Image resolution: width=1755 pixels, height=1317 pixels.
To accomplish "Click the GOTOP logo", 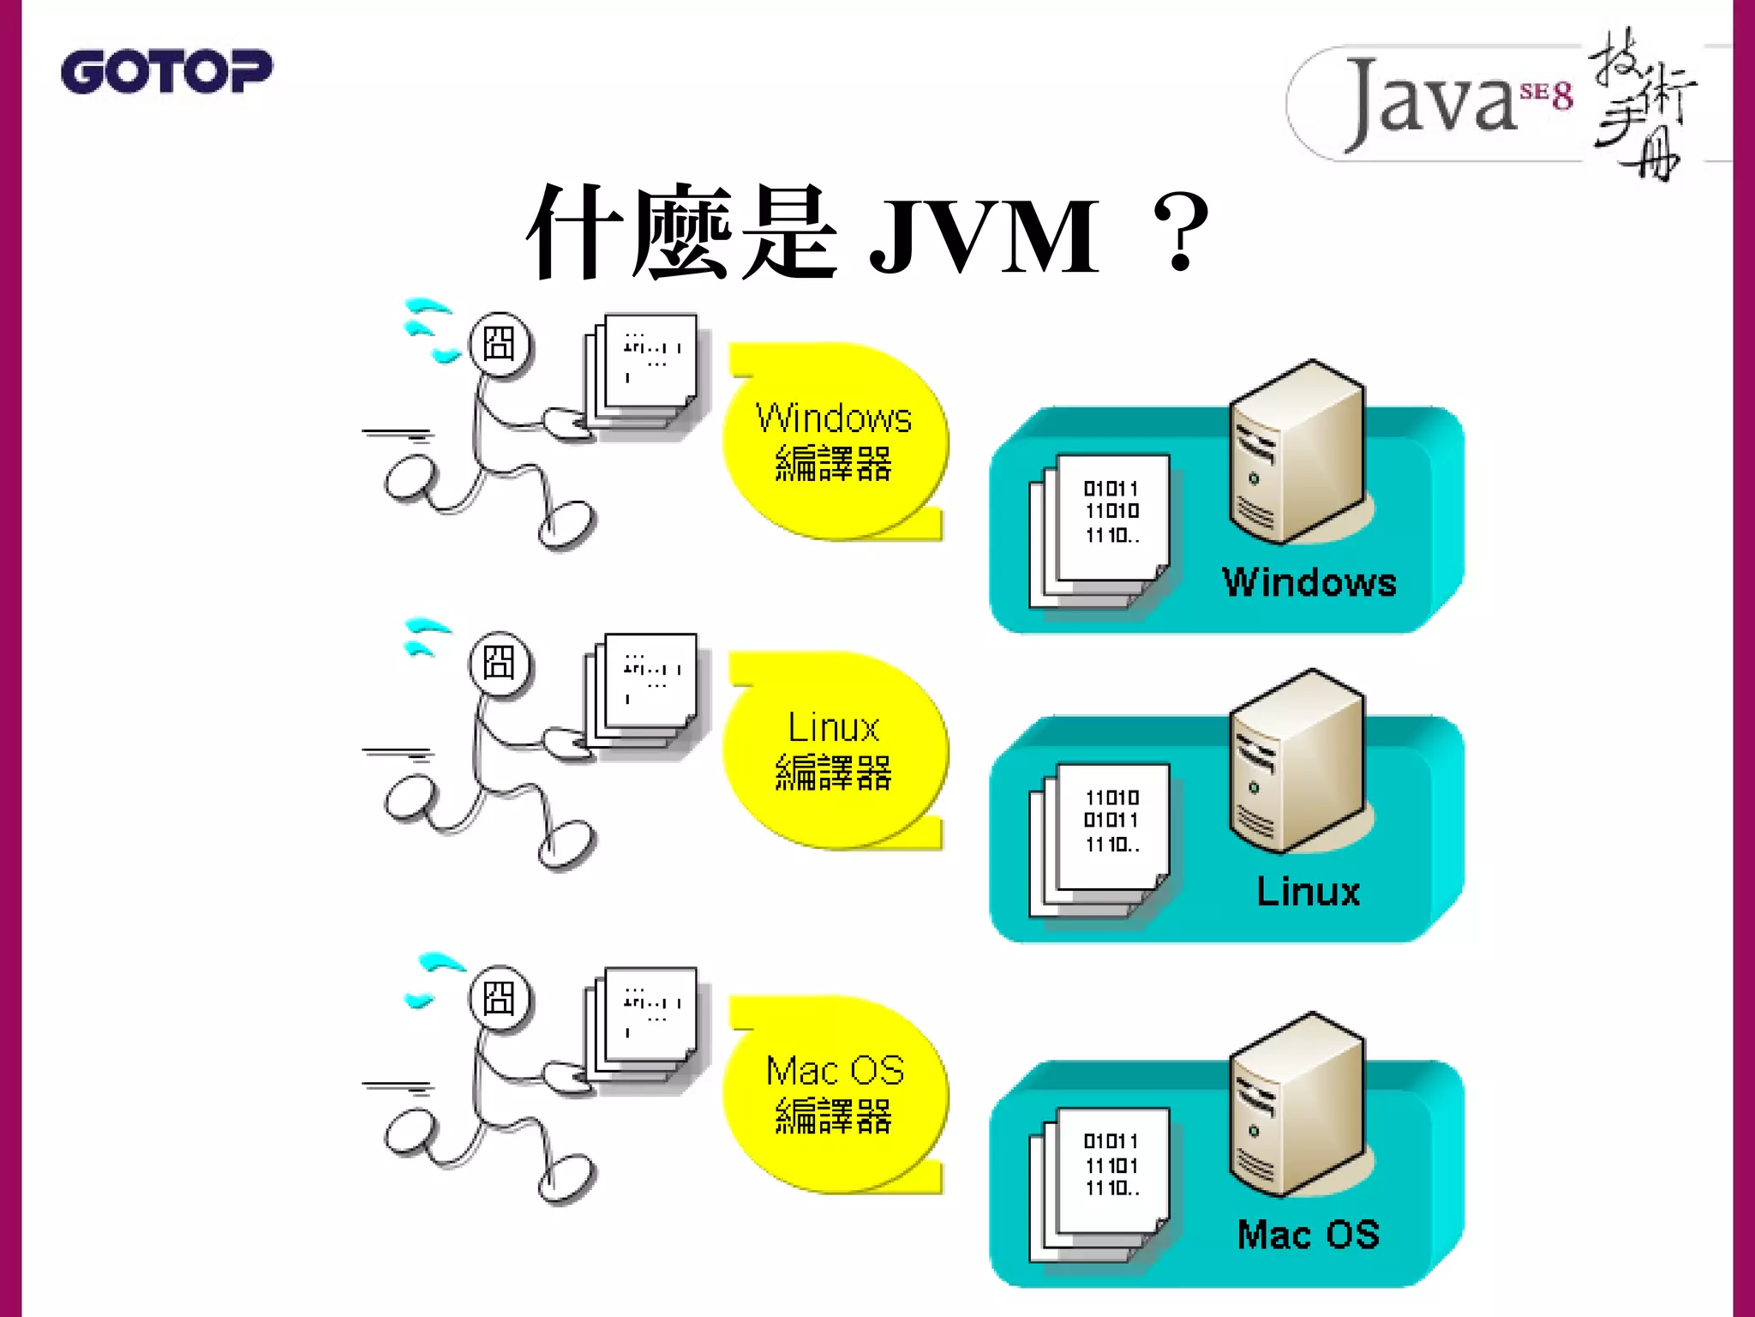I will click(x=166, y=71).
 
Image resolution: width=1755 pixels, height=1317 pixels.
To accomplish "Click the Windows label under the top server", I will click(x=1309, y=582).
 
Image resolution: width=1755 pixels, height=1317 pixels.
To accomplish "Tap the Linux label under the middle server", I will click(x=1308, y=892).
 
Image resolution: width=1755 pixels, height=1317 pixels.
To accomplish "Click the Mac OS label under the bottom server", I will click(x=1308, y=1235).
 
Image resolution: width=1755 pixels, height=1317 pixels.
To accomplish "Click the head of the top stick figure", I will click(x=500, y=344).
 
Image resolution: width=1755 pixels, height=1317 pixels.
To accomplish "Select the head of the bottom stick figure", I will click(x=500, y=998).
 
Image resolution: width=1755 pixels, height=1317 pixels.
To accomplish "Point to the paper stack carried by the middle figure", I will click(x=643, y=689).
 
